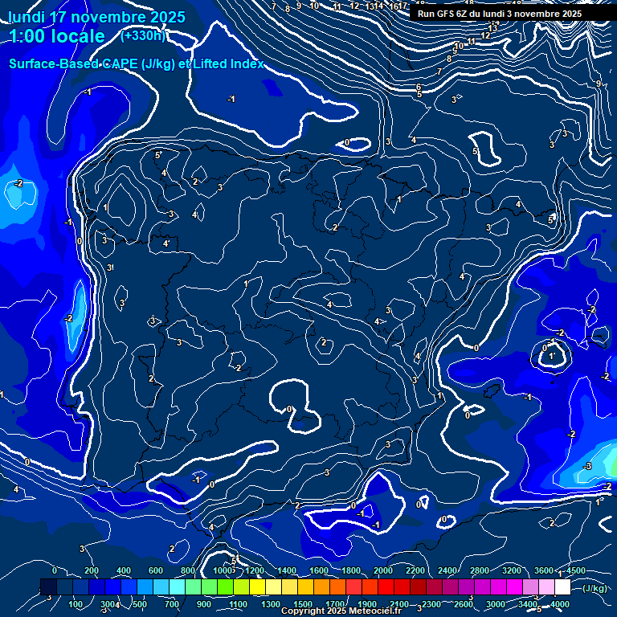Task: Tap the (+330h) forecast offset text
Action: coord(143,35)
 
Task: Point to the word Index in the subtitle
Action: coord(244,63)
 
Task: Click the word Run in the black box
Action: coord(427,14)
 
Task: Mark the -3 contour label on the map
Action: coord(587,467)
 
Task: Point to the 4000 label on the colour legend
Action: coord(560,604)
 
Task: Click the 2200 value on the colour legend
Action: coord(415,570)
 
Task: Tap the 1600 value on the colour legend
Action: coord(319,570)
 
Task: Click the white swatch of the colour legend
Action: coord(562,587)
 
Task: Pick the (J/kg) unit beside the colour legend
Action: coord(595,588)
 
